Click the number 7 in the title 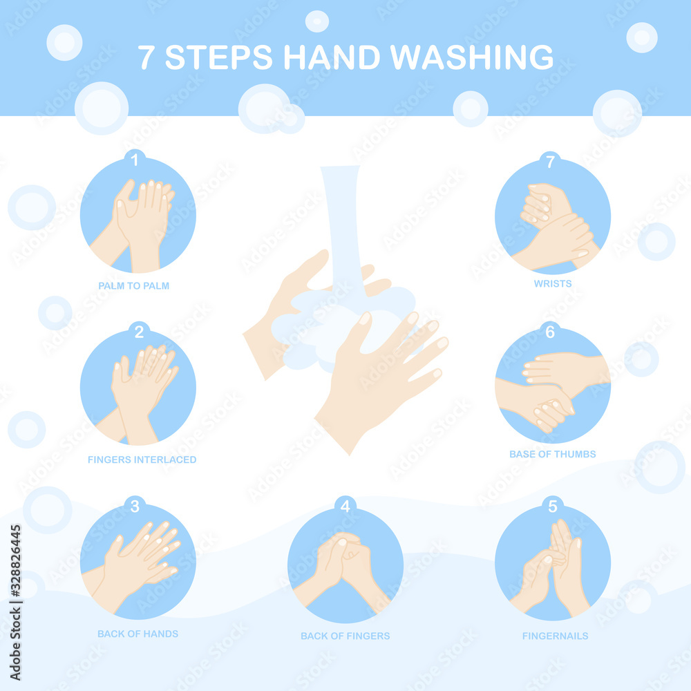tap(146, 57)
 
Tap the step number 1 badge tap(135, 160)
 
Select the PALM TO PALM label tap(133, 285)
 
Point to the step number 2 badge tap(139, 332)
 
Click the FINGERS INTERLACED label tap(142, 460)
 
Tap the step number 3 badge tap(135, 507)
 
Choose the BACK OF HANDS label tap(138, 634)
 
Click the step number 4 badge tap(345, 507)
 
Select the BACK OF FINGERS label tap(345, 636)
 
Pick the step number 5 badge tap(552, 507)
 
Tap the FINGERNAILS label tap(555, 636)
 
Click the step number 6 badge tap(550, 332)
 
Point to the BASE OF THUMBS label tap(552, 454)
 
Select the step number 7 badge tap(550, 162)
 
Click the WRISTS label tap(552, 283)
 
